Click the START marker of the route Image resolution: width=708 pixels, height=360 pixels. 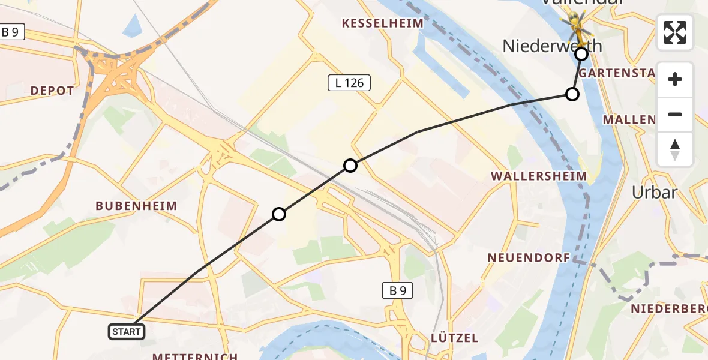127,331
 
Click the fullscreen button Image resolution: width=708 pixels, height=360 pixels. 675,32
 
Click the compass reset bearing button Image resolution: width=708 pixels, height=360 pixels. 675,149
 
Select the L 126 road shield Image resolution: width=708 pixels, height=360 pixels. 349,83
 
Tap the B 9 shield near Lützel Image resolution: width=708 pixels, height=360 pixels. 397,291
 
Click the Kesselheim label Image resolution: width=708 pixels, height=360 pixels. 382,23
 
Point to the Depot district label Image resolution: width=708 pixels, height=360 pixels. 52,91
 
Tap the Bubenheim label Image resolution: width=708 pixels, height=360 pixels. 136,206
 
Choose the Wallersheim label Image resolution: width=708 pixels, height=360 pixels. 538,176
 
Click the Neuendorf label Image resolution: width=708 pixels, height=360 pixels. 527,257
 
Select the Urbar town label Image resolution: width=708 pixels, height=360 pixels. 655,193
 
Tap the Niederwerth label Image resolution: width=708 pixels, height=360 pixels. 551,46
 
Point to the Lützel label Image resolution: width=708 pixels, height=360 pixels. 454,338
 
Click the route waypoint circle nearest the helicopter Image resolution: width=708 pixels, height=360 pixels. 581,55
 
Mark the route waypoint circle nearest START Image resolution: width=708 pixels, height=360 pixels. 279,214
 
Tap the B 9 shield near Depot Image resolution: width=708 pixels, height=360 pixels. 11,32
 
